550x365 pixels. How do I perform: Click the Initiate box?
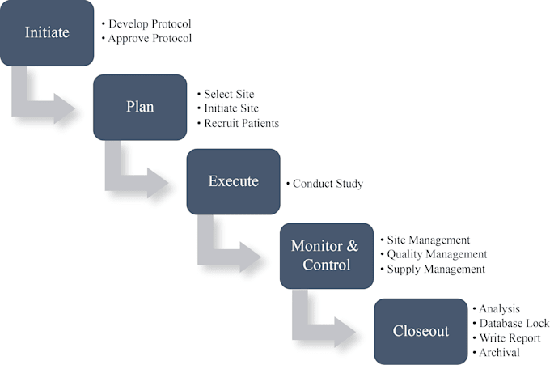47,33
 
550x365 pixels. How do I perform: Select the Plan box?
140,108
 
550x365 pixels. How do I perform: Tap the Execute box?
233,181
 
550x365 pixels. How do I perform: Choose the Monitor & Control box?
327,256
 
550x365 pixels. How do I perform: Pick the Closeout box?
421,331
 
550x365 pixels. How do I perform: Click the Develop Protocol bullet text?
146,23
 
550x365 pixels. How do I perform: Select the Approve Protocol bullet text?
146,38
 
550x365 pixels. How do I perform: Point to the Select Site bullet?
226,94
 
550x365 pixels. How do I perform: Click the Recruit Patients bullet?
238,123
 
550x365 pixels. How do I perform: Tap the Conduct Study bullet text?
324,184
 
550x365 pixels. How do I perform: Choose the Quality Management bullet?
434,254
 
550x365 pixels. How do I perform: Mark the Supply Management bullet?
433,270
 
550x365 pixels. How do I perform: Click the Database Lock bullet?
510,323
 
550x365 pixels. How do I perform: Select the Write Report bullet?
506,338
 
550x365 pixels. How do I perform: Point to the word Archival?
499,352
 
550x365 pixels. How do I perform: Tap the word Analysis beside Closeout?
499,309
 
